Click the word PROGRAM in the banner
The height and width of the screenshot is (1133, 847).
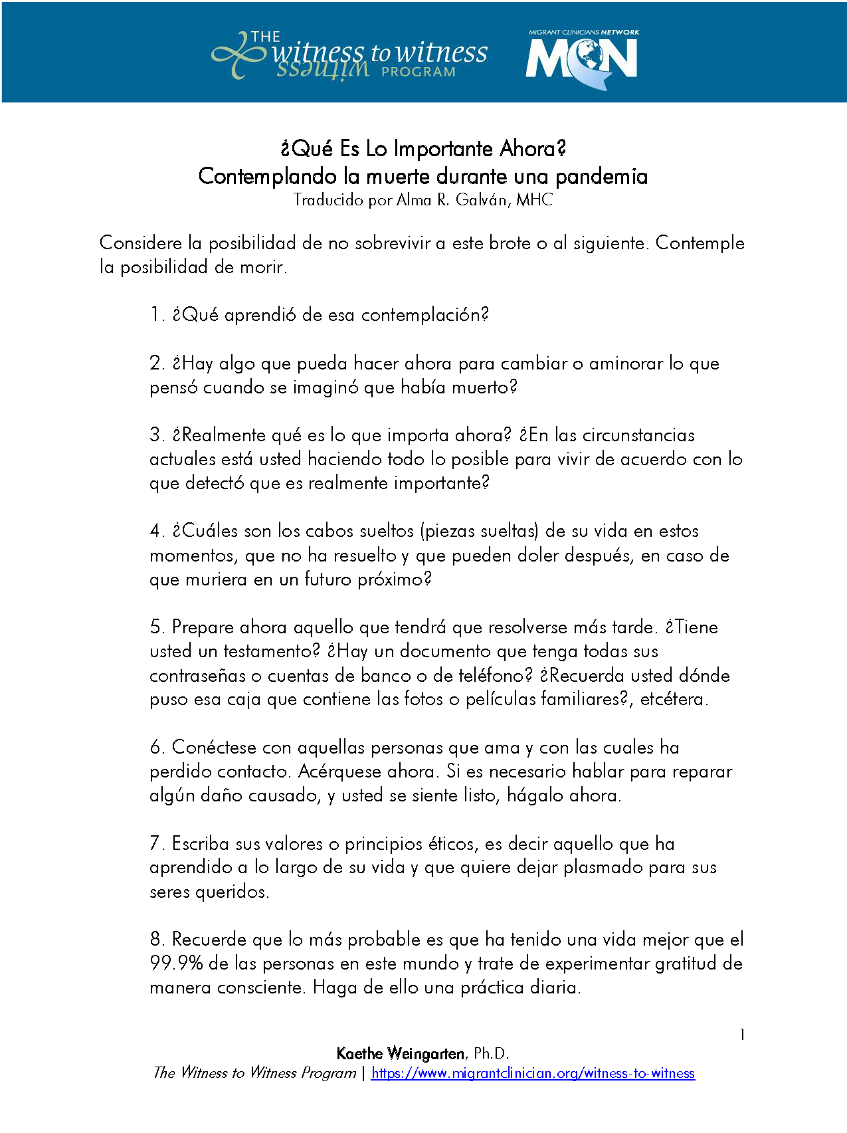[x=419, y=72]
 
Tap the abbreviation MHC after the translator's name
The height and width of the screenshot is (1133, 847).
[x=534, y=200]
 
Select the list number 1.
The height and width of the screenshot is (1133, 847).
[x=155, y=315]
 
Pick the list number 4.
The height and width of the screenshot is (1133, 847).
[x=156, y=531]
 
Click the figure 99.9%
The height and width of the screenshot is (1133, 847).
[x=176, y=964]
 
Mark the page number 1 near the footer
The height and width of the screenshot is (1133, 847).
[x=742, y=1035]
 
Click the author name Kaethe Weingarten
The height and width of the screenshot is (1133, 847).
[x=401, y=1053]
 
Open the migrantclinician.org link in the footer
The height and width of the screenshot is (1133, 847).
[x=533, y=1073]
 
